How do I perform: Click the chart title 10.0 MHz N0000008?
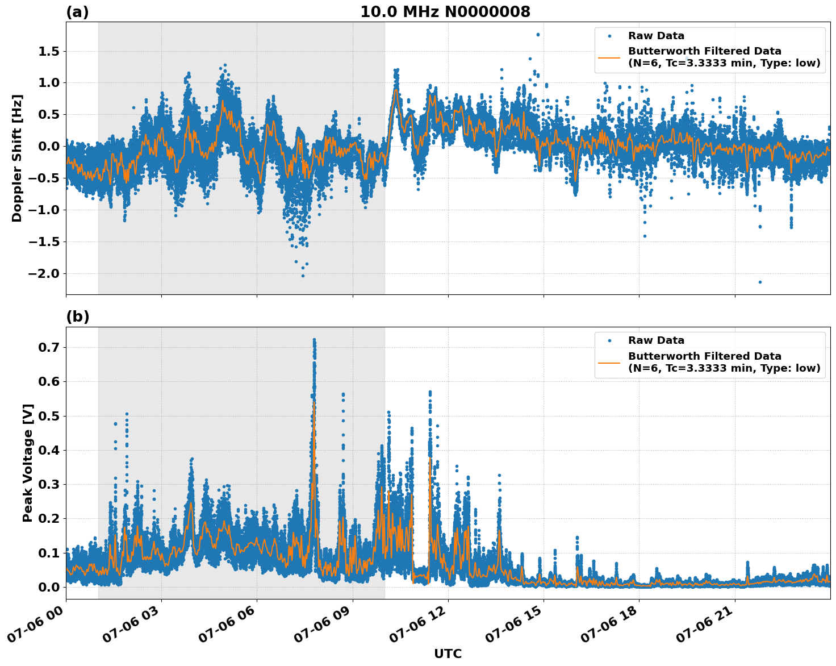(x=445, y=12)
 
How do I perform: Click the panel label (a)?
(x=77, y=12)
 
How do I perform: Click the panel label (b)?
(x=77, y=317)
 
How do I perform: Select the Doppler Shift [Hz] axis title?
(x=17, y=158)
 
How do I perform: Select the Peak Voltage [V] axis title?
(x=27, y=463)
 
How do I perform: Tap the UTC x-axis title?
(x=448, y=653)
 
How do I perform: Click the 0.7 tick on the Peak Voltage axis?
(x=48, y=347)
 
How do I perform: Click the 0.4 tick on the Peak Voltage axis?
(x=48, y=450)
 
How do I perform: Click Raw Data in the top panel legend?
(x=656, y=36)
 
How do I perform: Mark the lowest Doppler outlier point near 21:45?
(x=760, y=282)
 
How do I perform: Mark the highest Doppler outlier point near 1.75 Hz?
(x=538, y=35)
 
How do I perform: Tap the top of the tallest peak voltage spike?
(x=314, y=340)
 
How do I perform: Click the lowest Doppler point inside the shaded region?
(x=303, y=276)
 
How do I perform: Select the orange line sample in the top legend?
(x=609, y=57)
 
